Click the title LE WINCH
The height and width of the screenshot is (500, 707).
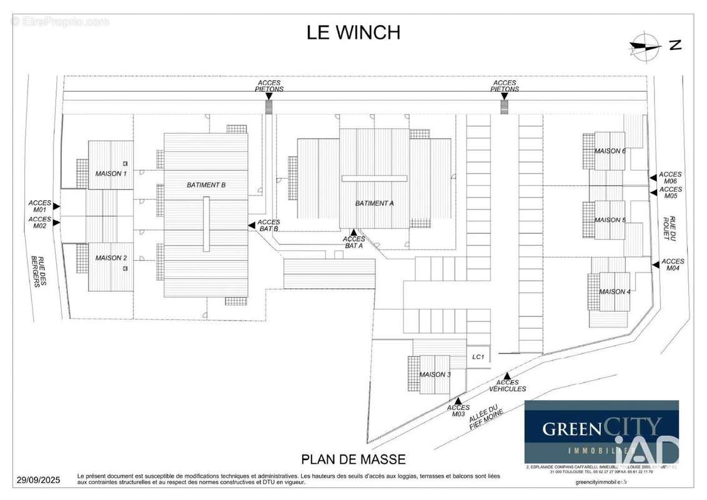tap(353, 32)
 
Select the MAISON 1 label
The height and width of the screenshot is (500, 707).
tap(111, 173)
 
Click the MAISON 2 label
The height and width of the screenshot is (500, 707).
tap(111, 257)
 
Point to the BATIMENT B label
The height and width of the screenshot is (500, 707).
tap(206, 185)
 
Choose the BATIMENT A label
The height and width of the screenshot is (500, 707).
tap(375, 203)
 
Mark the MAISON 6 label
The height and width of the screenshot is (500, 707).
tap(610, 151)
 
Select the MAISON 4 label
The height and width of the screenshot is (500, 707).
tap(615, 292)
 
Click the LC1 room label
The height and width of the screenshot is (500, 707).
tap(479, 356)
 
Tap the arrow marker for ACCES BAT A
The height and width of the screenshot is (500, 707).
tap(353, 232)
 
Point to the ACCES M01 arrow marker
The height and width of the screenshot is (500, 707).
tap(56, 206)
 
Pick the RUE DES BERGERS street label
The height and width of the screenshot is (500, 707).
tap(39, 272)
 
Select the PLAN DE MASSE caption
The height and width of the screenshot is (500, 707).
tap(353, 459)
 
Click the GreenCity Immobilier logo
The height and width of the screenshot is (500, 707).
tap(601, 431)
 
